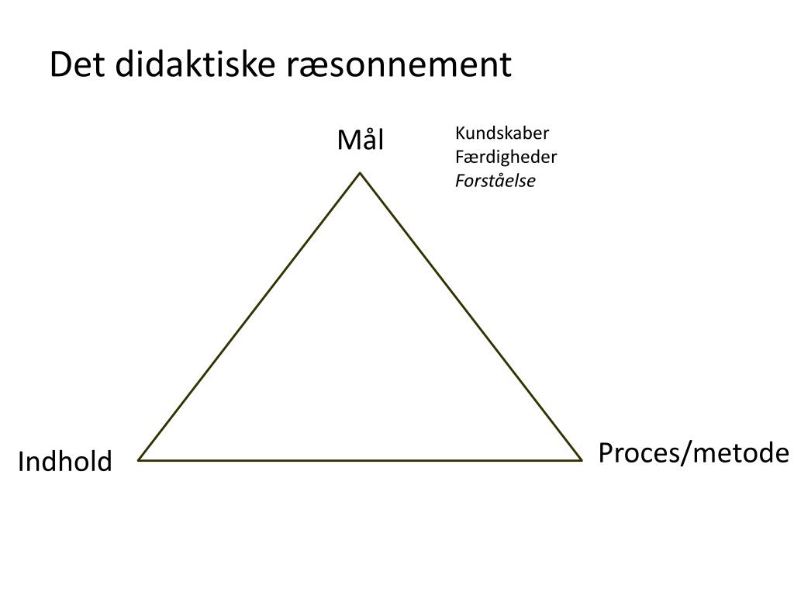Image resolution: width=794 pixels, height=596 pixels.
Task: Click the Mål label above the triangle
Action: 360,140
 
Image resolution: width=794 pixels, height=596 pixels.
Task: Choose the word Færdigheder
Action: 506,157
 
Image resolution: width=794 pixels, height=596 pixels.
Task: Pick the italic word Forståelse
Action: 495,182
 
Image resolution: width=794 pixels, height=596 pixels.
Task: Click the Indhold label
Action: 65,462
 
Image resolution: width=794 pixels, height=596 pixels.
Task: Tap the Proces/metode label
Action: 693,452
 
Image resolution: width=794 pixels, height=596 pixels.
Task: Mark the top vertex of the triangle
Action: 360,172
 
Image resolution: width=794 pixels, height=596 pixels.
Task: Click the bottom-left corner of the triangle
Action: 140,459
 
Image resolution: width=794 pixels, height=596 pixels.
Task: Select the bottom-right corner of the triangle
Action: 582,459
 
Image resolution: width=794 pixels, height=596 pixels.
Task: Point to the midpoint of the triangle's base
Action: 361,459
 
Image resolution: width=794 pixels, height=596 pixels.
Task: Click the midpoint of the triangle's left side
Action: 250,316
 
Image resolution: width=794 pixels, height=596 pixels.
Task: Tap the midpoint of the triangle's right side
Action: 471,316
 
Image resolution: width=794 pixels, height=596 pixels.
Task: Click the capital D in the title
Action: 60,65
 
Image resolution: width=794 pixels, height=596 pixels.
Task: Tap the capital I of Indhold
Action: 21,462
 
